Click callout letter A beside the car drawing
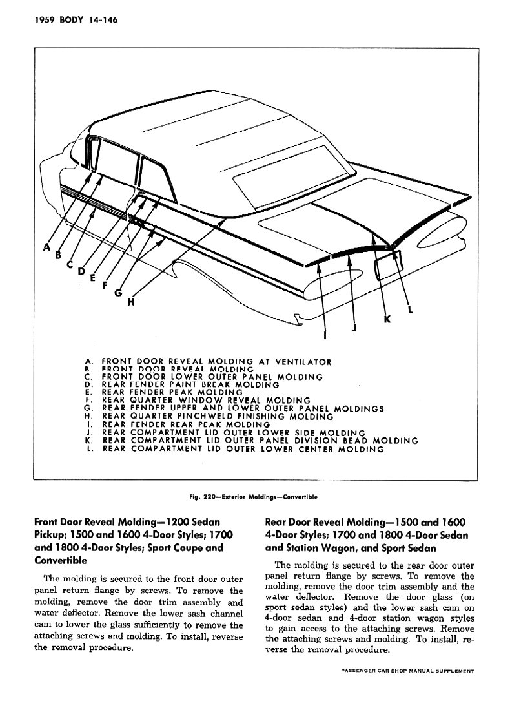(x=46, y=247)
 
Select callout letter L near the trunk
(x=411, y=309)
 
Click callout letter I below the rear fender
(x=325, y=335)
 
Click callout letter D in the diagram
(x=81, y=271)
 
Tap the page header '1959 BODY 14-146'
(x=65, y=19)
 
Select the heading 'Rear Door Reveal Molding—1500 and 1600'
(x=365, y=521)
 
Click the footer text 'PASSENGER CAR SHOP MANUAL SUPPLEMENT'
(x=408, y=671)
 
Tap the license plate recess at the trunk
(x=389, y=263)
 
